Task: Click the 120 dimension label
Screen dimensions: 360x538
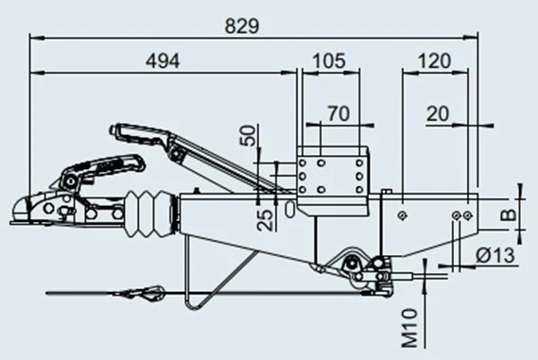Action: pos(432,60)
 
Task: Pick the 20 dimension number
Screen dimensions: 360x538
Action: pos(439,113)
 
